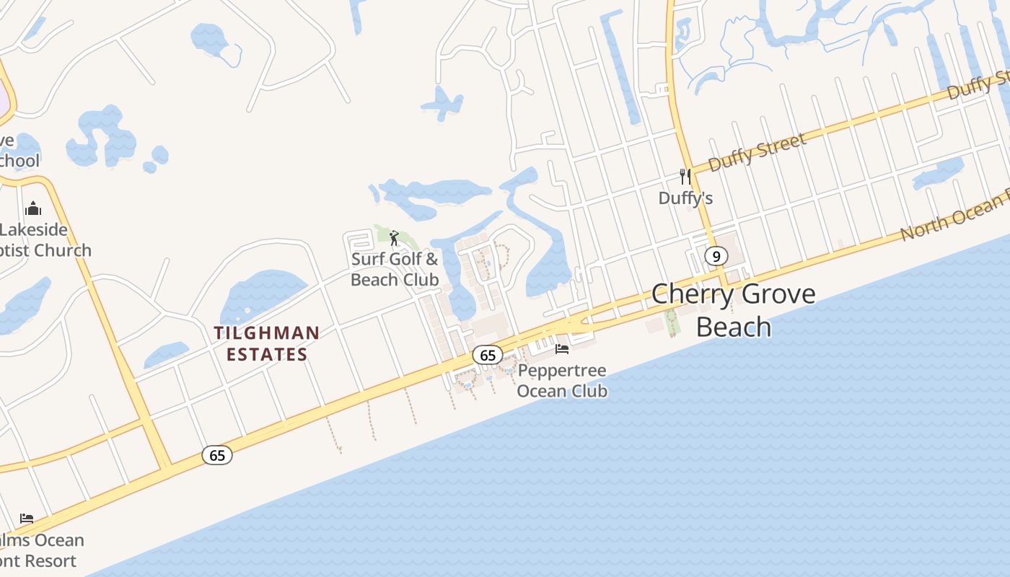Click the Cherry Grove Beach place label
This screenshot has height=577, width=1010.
(733, 309)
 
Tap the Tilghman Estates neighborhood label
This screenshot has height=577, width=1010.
(266, 343)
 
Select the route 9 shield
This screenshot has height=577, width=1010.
(716, 256)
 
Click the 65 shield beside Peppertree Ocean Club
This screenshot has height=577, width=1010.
(488, 355)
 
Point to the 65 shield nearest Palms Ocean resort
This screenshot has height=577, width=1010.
(217, 455)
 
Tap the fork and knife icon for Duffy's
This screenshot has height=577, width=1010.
(685, 176)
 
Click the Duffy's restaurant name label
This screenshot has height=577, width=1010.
(685, 198)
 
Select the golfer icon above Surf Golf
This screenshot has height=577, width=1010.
(394, 238)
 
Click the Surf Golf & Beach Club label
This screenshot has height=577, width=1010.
(395, 269)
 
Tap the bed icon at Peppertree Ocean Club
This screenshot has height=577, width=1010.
(562, 349)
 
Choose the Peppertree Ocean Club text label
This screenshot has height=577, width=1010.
(562, 381)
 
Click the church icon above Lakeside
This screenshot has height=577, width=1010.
(32, 209)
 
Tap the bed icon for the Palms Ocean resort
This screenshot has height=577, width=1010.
(27, 519)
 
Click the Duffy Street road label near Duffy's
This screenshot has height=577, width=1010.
(757, 152)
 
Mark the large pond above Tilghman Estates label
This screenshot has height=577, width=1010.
(263, 293)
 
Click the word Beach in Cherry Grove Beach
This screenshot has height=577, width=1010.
(733, 327)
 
